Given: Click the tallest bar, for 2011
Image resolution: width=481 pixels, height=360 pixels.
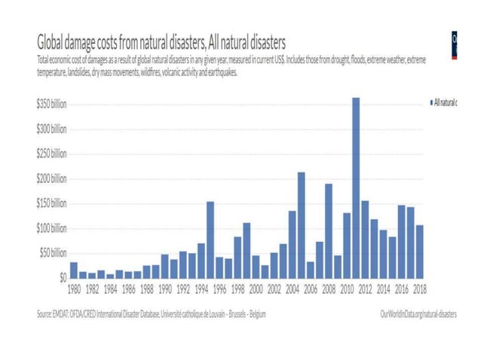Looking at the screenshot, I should (x=356, y=188).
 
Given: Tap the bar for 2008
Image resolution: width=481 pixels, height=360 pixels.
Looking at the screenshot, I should (x=329, y=230).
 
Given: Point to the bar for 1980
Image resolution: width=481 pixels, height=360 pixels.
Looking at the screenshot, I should (x=74, y=270).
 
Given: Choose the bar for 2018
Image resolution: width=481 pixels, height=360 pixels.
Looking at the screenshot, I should (x=419, y=251).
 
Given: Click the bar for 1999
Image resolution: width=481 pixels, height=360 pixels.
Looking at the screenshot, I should (x=247, y=250).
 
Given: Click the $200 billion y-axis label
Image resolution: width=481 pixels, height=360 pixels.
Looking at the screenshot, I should (x=51, y=178).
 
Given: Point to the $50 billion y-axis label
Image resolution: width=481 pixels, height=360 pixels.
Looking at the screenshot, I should (x=53, y=253).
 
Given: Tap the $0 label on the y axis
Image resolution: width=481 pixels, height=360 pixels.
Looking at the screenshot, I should (x=62, y=277).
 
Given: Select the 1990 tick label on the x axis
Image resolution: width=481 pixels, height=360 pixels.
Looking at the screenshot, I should (x=165, y=288).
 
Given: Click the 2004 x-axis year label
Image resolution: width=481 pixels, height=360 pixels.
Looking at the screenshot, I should (x=292, y=288).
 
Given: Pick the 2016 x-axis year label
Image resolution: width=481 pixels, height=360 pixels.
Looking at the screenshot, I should (x=401, y=288).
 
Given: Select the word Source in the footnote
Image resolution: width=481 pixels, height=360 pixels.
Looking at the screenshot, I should (x=47, y=313).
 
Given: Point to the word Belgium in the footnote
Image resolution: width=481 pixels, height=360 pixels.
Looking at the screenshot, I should (x=254, y=313).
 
